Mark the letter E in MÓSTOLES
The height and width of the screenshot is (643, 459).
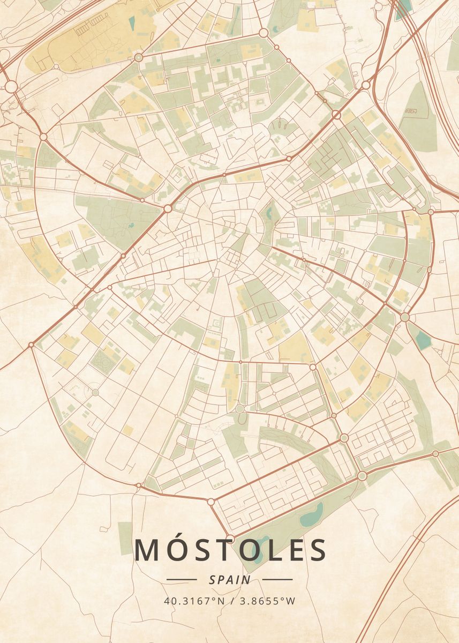point(296,550)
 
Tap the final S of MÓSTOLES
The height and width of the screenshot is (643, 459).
point(318,550)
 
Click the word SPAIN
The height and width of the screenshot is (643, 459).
point(230,579)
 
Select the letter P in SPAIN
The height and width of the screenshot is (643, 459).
point(221,579)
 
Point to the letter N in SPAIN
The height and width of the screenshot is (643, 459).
point(246,579)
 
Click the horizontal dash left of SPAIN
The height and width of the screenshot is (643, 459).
point(182,579)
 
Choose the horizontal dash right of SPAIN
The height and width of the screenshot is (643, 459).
point(277,579)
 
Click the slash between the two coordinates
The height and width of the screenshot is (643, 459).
point(230,601)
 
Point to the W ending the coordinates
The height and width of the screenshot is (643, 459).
point(290,601)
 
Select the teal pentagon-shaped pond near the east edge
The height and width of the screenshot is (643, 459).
point(424,341)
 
